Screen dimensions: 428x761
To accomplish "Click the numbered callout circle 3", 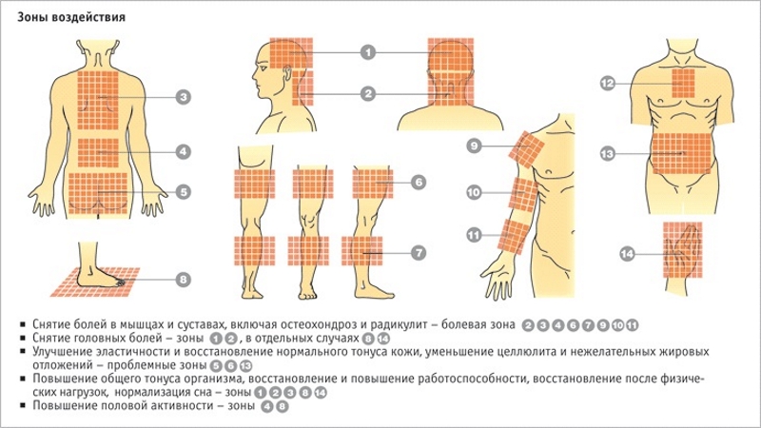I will [183, 96].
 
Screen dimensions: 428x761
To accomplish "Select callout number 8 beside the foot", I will [183, 279].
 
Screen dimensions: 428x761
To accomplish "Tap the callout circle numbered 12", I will [607, 84].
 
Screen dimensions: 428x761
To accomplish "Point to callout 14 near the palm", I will [627, 253].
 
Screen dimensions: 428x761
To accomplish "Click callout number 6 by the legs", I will [419, 181].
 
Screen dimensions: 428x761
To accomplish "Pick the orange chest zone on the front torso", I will [687, 84].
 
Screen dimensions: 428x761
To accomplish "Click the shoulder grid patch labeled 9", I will [527, 147].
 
